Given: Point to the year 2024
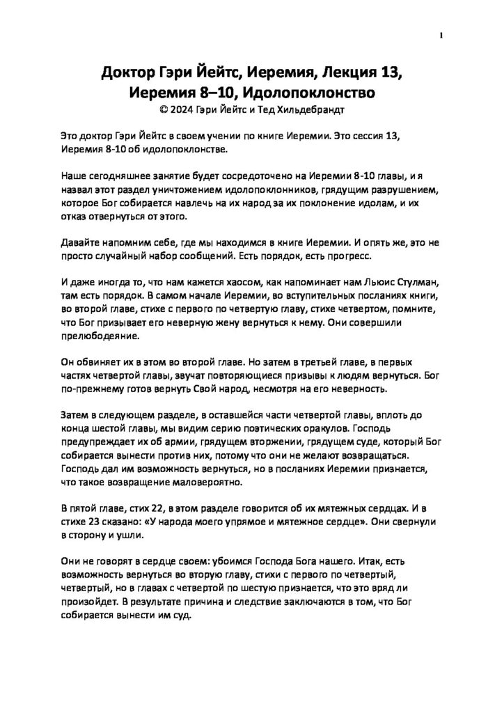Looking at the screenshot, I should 182,109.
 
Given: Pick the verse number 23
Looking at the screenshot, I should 96,520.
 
